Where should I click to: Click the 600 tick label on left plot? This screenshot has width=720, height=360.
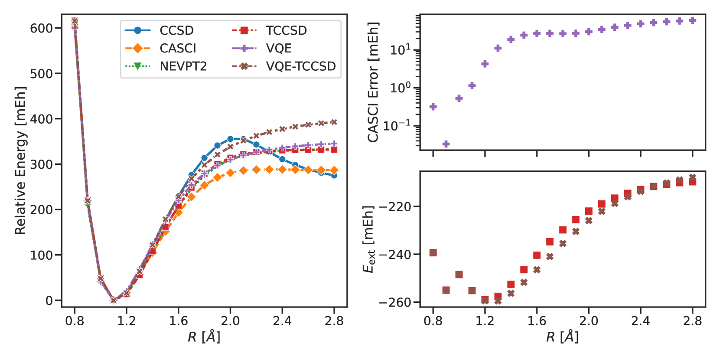(41, 28)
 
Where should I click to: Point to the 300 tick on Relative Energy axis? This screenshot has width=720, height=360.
(41, 164)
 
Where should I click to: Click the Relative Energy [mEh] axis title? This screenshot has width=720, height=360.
(20, 160)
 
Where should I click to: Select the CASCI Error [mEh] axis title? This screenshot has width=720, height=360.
(373, 82)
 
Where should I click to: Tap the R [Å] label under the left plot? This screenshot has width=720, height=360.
(204, 337)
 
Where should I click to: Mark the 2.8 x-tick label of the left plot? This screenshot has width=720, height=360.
(334, 321)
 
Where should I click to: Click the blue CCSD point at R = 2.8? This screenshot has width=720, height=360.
(334, 175)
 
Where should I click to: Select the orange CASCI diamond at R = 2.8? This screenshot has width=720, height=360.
(334, 170)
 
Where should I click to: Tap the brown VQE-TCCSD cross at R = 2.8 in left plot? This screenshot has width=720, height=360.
(334, 122)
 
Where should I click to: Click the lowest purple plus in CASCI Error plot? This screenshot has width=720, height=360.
(446, 144)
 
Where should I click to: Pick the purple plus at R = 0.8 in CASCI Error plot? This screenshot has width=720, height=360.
(433, 107)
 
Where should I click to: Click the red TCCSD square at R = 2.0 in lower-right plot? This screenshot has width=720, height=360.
(589, 211)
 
